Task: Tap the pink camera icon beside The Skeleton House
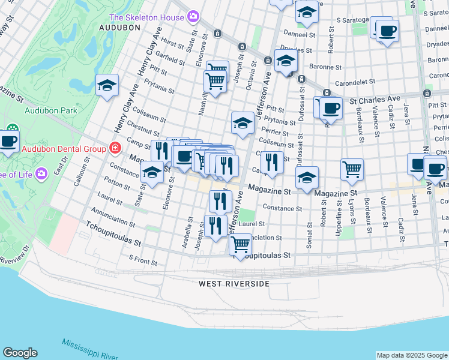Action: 193,16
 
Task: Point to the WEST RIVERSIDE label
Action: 235,283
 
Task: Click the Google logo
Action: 20,353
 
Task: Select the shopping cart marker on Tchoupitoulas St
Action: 241,245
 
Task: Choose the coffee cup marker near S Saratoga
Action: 387,31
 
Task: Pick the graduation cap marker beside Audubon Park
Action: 107,85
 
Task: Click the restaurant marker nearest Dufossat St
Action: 273,161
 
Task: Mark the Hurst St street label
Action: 172,44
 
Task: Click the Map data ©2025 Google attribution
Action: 411,355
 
